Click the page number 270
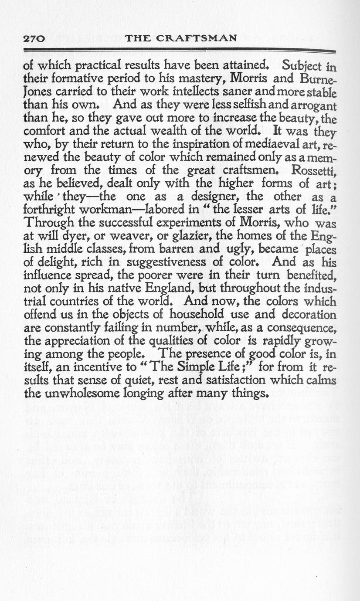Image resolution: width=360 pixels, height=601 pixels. (x=34, y=38)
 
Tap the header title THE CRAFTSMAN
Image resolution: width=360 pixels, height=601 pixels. (x=180, y=38)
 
